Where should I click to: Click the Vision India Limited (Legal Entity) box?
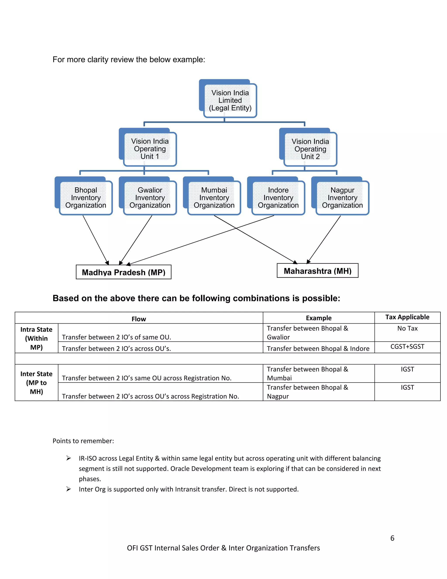click(x=230, y=101)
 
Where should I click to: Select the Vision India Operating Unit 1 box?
click(x=150, y=149)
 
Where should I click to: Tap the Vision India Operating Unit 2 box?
click(x=310, y=149)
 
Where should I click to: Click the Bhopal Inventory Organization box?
click(x=86, y=198)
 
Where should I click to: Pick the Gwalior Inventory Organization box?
click(x=150, y=198)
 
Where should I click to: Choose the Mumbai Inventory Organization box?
click(x=214, y=198)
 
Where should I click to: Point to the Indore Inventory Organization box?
click(x=278, y=198)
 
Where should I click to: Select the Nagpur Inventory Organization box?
click(x=342, y=198)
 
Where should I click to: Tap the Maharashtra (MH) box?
click(x=318, y=271)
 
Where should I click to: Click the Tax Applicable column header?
click(x=407, y=317)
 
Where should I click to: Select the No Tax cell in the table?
click(x=407, y=328)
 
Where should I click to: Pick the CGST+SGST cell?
click(x=407, y=347)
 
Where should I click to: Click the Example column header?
click(x=319, y=318)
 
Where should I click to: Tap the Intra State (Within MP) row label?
click(x=36, y=338)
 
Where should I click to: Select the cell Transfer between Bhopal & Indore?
click(x=318, y=349)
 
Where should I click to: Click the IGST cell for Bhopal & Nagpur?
click(x=407, y=388)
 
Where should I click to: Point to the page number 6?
click(x=392, y=538)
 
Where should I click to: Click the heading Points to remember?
click(x=83, y=441)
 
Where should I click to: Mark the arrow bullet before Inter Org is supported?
click(x=69, y=489)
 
